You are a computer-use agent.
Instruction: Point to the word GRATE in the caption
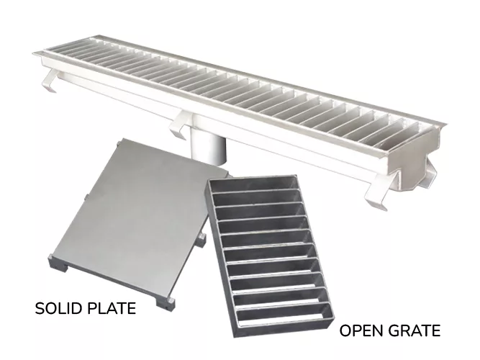(x=415, y=331)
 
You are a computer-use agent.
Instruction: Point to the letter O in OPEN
(x=345, y=331)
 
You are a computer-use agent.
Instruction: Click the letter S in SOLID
(x=40, y=310)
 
